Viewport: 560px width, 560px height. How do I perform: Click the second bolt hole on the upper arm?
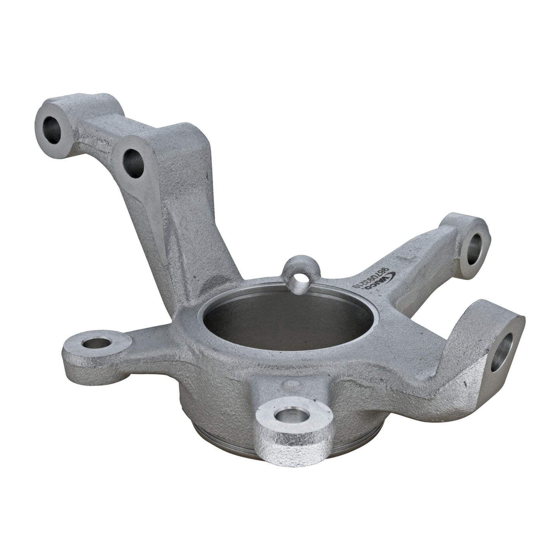[x=133, y=163]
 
